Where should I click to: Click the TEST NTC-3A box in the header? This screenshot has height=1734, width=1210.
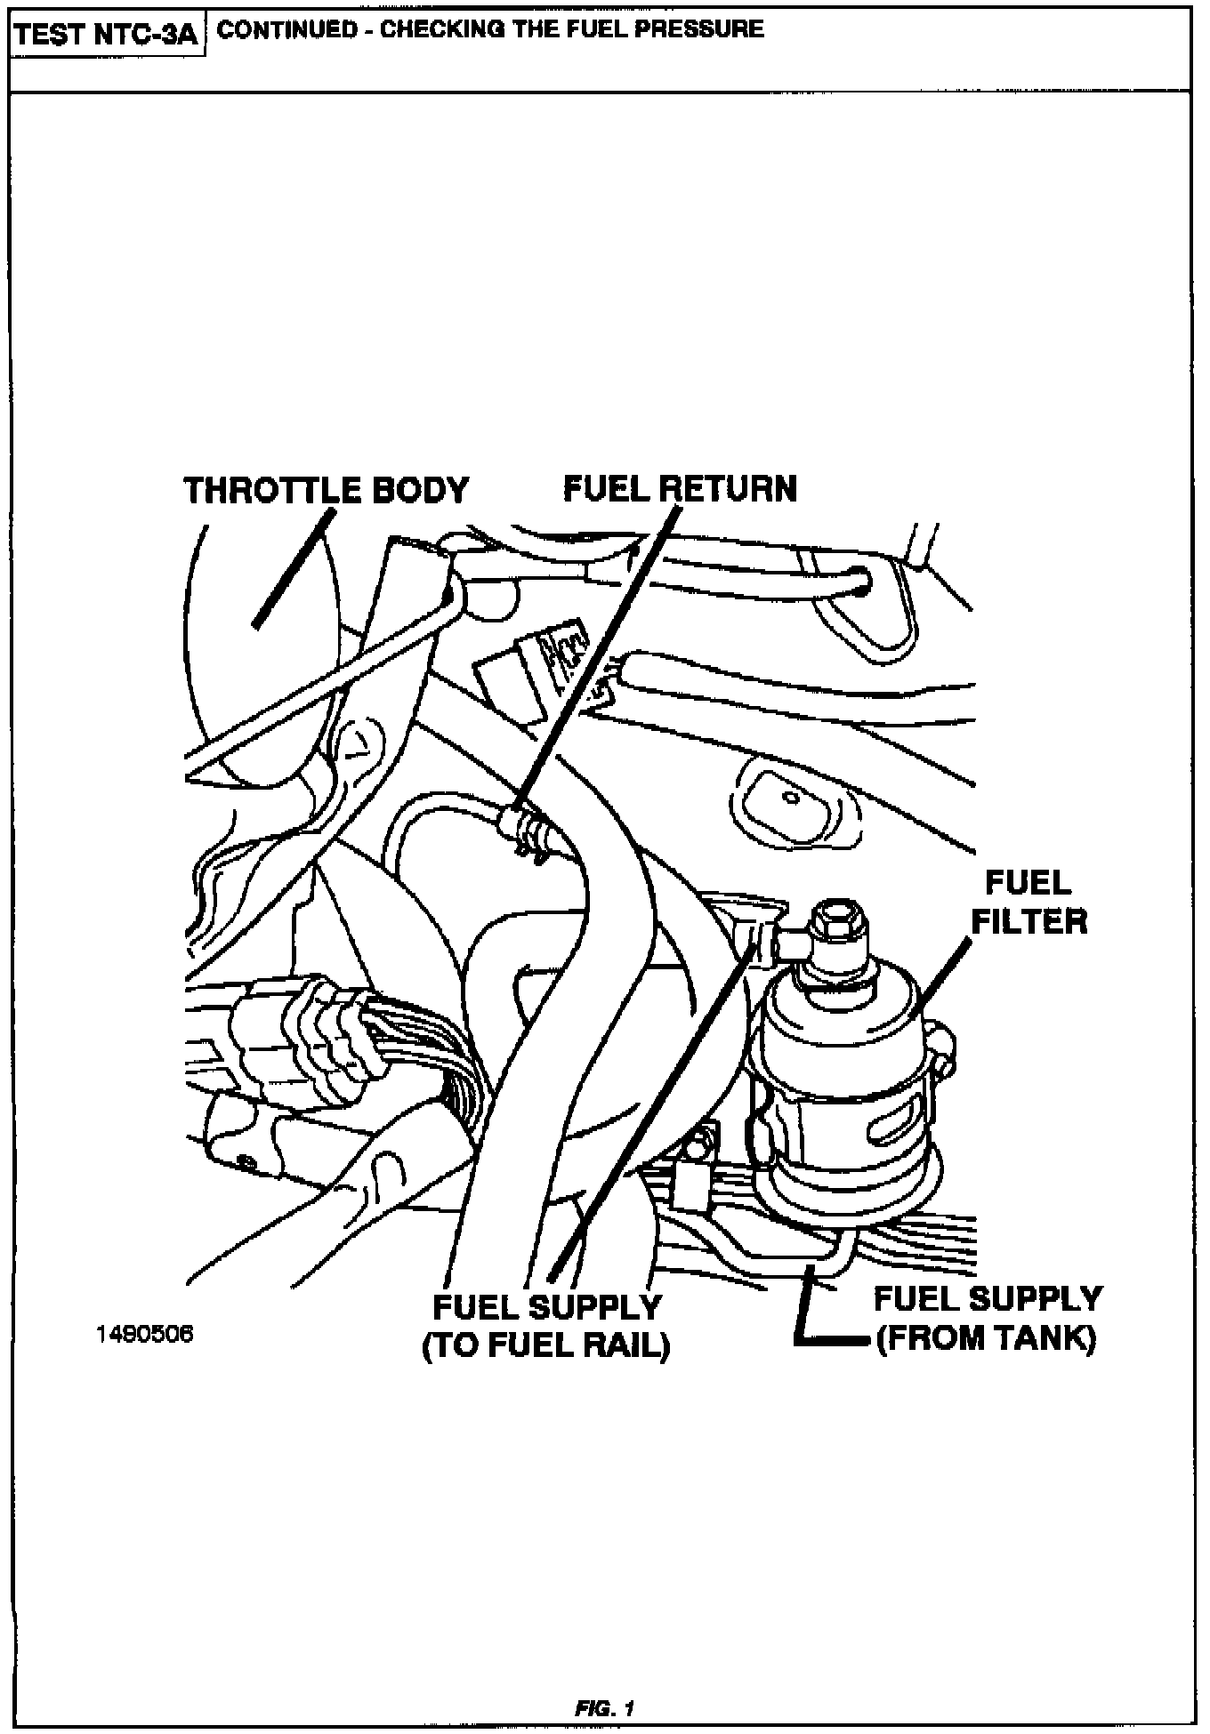tap(108, 36)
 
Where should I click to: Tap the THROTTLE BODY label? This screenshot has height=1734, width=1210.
tap(326, 490)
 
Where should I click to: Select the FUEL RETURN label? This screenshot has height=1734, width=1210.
tap(681, 488)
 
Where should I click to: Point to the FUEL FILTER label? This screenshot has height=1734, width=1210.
tap(1028, 902)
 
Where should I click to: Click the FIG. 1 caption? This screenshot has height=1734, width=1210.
tap(604, 1708)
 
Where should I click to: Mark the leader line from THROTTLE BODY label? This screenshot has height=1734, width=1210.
tap(294, 569)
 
